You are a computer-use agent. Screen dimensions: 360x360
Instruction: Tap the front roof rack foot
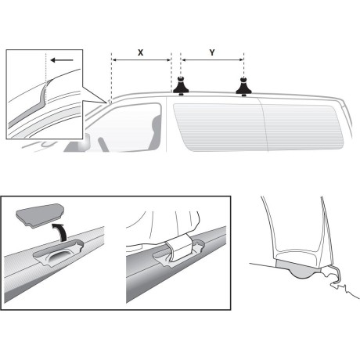pos(180,85)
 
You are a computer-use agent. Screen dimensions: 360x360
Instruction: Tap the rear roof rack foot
pos(244,85)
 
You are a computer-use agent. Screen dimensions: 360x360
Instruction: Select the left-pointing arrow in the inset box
pos(58,59)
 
